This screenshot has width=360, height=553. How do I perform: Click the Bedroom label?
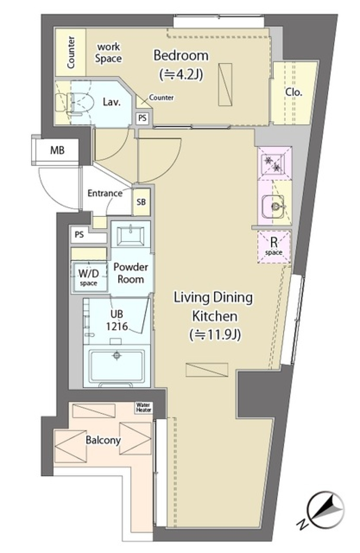pos(181,56)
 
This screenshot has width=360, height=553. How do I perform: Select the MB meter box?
pos(57,150)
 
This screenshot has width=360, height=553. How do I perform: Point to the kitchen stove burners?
pos(273,163)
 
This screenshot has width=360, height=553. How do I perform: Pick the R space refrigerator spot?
pos(274,246)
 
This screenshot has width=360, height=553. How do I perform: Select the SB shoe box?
pos(141,202)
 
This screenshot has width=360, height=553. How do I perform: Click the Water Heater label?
pos(143,407)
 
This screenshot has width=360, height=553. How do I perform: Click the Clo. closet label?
pos(293,92)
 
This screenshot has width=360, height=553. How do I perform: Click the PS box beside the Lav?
pos(142,118)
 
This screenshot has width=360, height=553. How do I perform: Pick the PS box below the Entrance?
pos(79,235)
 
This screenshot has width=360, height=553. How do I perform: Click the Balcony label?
pos(103,440)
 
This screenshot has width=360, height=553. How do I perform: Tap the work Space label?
pos(108,53)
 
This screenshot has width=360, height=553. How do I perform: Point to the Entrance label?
pos(105,193)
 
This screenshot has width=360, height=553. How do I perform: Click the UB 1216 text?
pos(117,320)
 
